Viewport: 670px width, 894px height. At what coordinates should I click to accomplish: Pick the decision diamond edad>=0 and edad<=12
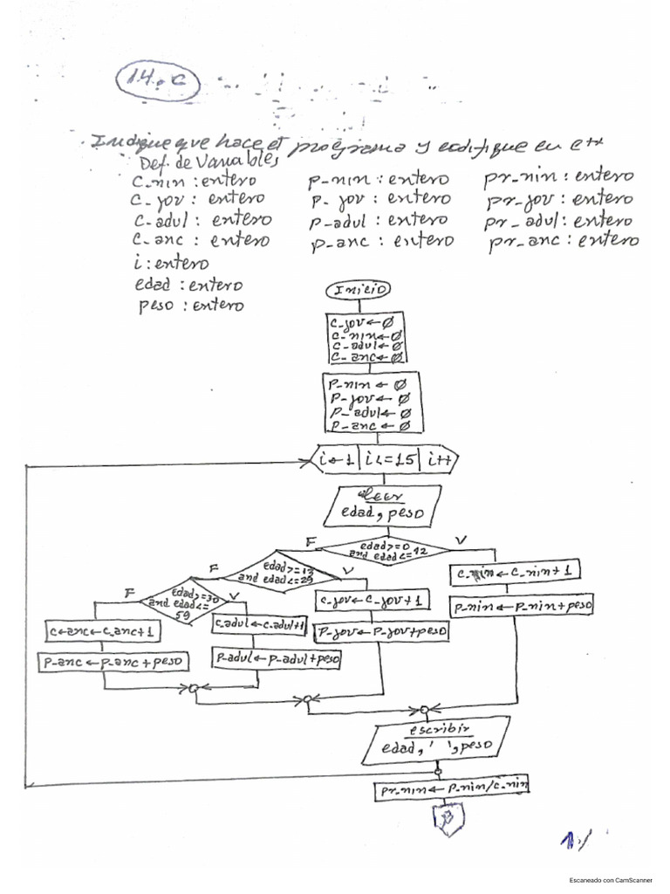point(385,549)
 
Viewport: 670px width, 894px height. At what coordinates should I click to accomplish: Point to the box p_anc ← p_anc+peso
point(113,663)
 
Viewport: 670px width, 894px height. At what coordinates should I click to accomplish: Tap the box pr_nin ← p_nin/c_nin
point(453,788)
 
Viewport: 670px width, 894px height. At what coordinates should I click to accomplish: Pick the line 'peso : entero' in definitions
point(190,306)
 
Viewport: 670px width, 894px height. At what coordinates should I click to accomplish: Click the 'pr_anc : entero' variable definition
point(563,241)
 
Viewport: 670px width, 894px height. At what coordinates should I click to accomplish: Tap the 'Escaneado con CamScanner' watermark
point(616,881)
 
